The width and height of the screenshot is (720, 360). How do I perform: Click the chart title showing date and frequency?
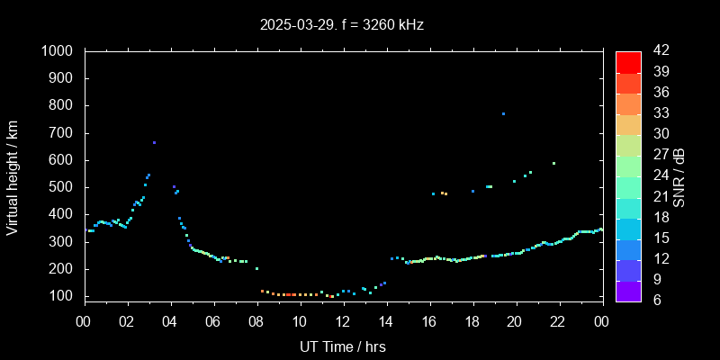[x=341, y=25]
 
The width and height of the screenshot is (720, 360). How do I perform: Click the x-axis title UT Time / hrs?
[x=343, y=346]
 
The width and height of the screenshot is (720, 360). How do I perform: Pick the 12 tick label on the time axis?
[x=343, y=321]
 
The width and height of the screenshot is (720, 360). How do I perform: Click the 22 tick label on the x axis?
[x=559, y=321]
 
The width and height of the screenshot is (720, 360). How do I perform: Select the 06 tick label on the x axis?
[x=213, y=321]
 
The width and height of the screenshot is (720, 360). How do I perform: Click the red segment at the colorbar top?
[x=628, y=61]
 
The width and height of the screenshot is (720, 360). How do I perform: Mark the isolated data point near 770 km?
[x=503, y=113]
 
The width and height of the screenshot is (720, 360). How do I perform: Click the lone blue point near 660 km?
[x=154, y=142]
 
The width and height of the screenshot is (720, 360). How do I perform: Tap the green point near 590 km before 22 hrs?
[x=553, y=163]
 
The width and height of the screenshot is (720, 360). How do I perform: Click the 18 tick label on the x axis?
[x=472, y=321]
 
